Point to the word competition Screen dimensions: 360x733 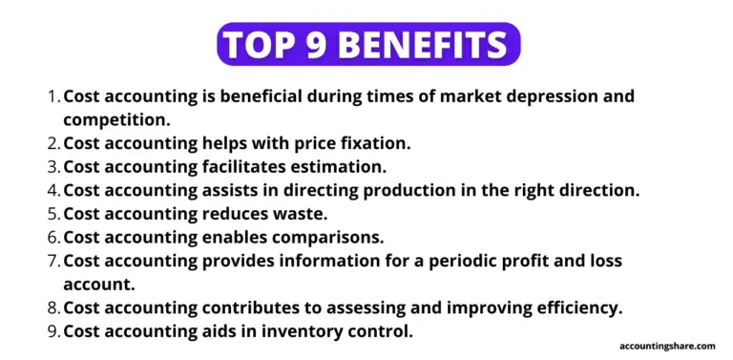pyautogui.click(x=115, y=120)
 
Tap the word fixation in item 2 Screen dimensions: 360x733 pyautogui.click(x=374, y=143)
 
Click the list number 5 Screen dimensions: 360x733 pyautogui.click(x=53, y=214)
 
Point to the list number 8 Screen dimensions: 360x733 pyautogui.click(x=53, y=307)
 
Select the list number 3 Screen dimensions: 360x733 pyautogui.click(x=53, y=167)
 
